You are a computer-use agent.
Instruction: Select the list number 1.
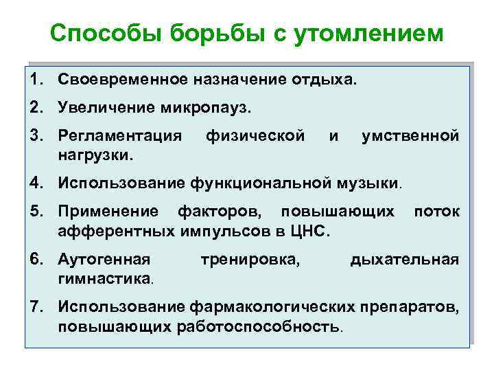point(36,80)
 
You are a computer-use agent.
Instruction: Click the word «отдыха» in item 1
point(322,80)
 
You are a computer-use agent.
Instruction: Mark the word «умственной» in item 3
point(410,136)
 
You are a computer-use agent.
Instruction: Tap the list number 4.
point(36,183)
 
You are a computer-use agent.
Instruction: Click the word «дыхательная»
point(404,260)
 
